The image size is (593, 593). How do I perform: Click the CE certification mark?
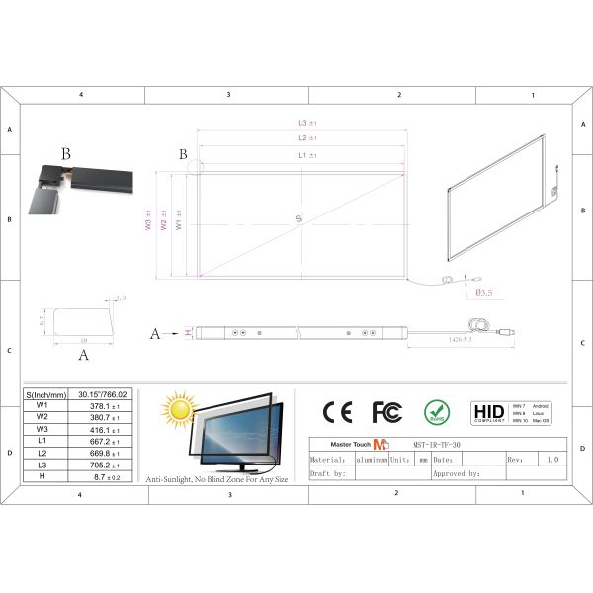(x=337, y=411)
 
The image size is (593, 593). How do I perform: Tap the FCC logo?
(x=386, y=411)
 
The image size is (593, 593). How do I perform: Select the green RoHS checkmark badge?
(x=437, y=411)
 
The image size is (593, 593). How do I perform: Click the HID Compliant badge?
(x=488, y=411)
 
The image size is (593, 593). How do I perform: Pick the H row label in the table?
(x=42, y=476)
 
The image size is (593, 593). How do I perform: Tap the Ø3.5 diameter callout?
(x=484, y=293)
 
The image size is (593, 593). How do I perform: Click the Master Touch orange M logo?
(x=381, y=446)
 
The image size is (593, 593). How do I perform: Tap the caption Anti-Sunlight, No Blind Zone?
(x=217, y=478)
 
